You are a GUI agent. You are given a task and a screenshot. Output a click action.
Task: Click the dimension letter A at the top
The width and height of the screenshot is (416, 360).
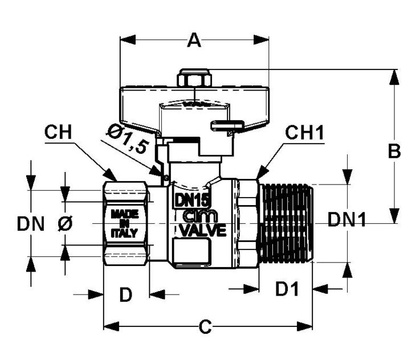pos(194,40)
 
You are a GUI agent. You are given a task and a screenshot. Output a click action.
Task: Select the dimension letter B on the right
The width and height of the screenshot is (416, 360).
pos(394,151)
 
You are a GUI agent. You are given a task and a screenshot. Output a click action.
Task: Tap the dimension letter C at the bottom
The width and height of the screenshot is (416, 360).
pos(205,326)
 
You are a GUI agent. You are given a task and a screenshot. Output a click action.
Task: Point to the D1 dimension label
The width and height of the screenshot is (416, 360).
pos(287,288)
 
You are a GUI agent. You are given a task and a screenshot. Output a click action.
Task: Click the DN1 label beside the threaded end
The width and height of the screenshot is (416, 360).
pos(346,219)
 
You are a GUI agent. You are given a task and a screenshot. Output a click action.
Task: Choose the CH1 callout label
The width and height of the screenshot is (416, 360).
pos(304,132)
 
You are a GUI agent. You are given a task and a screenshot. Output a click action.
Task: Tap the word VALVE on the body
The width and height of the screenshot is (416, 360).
pos(203,230)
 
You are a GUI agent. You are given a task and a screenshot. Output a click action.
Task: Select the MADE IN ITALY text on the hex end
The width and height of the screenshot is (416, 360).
pos(124,223)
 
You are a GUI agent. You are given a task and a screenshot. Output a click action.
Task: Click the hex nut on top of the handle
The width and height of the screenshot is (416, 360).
pos(194,78)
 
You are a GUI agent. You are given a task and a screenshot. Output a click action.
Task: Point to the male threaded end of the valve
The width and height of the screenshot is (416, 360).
pos(286,223)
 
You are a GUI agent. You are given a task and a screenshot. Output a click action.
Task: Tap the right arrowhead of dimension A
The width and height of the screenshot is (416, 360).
pos(261,40)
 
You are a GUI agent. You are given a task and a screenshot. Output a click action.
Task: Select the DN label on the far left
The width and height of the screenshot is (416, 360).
pos(31,224)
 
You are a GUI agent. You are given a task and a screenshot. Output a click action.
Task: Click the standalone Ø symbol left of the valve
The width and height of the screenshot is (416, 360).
pos(65,224)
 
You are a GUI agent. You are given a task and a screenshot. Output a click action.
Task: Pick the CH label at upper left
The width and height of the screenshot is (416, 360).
pos(58,132)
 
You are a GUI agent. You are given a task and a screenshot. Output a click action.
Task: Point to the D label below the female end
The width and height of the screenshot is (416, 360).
pos(126,294)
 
